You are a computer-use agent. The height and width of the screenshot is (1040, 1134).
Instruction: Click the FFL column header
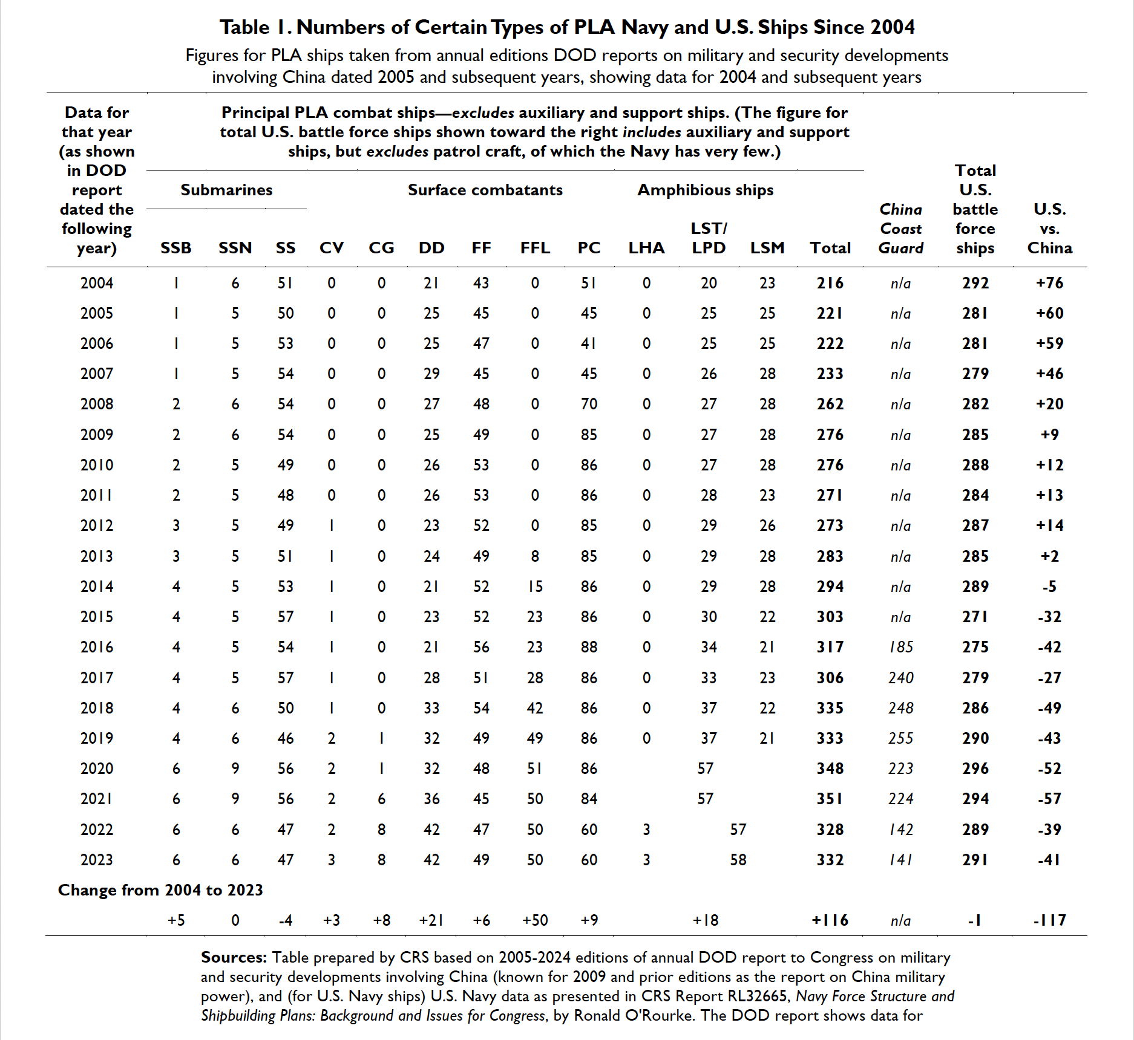coord(535,248)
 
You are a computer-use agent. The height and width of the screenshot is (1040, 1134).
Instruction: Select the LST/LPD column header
coord(709,238)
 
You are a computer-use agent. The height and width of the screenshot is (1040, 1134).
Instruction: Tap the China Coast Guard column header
coord(901,229)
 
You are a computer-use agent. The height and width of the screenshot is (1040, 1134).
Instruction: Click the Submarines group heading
coord(226,190)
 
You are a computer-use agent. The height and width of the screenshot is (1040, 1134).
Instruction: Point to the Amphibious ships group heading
coord(706,190)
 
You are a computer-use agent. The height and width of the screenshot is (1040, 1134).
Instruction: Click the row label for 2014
coord(97,587)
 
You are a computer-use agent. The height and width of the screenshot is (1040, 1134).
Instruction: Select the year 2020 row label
coord(97,769)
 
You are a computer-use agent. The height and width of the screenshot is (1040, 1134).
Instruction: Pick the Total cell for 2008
coord(830,404)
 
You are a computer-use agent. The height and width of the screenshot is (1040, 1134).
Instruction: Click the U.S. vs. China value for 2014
coord(1049,587)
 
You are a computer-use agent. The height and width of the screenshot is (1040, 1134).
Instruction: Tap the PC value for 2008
coord(589,404)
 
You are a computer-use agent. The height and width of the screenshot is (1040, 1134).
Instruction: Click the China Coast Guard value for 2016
coord(901,647)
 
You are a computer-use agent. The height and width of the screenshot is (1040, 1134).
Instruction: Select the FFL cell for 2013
coord(535,556)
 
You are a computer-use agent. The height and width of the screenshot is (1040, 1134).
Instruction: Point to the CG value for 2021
coord(381,799)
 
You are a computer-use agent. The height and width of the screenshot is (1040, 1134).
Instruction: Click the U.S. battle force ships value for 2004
coord(975,283)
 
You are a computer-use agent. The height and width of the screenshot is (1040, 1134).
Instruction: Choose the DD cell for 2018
coord(431,708)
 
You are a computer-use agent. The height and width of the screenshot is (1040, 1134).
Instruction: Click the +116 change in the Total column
coord(830,920)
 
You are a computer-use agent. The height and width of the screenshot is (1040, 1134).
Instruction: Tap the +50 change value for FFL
coord(535,920)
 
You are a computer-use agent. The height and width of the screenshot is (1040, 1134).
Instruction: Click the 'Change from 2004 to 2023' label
coord(160,890)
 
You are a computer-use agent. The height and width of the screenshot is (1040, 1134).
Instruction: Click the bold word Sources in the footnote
coord(234,957)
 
